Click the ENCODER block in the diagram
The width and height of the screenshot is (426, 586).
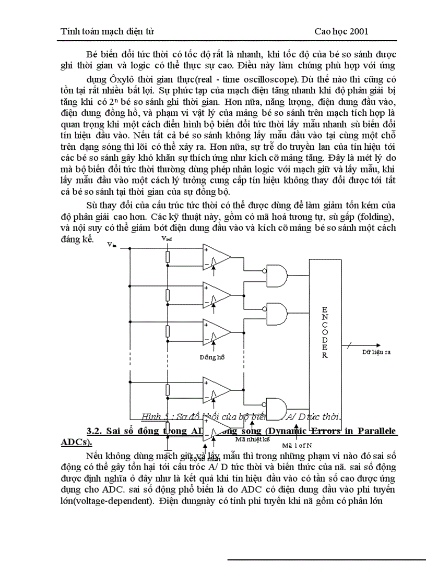tap(325, 334)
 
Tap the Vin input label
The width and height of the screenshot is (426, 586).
tap(112, 245)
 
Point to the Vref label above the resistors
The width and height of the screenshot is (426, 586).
tap(167, 238)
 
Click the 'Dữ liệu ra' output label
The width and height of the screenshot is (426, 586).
tap(377, 352)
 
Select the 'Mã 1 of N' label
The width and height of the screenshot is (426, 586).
tap(297, 446)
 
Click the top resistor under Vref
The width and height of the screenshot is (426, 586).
tap(168, 256)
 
